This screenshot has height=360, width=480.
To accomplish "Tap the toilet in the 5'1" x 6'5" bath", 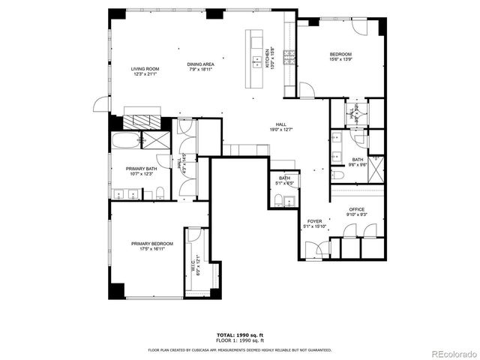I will point(279,199).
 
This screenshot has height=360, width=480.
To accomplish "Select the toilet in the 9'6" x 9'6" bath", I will point(338,174).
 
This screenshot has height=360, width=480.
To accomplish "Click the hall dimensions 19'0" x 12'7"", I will point(280,130).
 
